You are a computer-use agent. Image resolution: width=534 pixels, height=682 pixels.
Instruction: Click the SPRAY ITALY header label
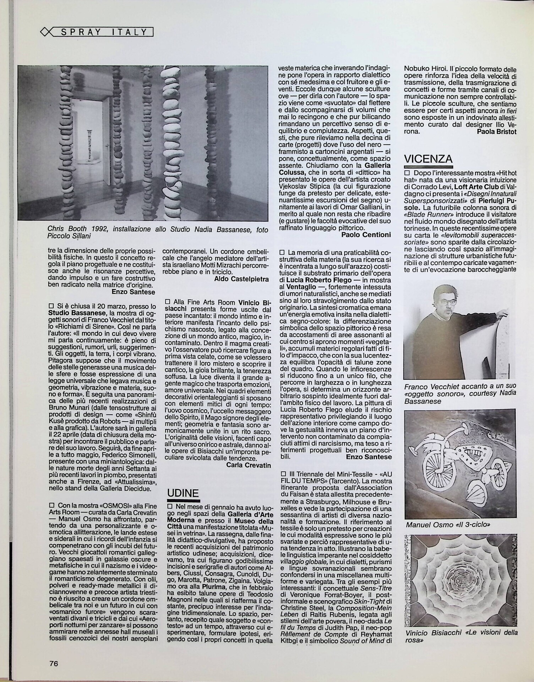click(104, 32)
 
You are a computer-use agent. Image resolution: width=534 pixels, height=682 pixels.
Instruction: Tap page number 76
click(54, 663)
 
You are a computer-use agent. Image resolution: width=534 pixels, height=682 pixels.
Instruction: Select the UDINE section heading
click(182, 493)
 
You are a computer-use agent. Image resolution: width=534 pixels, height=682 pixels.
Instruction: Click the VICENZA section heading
click(428, 158)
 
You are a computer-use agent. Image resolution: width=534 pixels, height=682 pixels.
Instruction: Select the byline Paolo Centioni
click(366, 234)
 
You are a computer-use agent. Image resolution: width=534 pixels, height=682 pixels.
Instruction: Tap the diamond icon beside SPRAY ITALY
click(45, 32)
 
